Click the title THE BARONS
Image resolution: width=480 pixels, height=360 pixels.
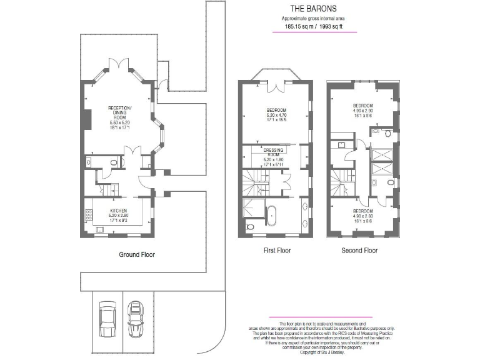(313, 9)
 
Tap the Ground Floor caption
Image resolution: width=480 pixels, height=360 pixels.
(137, 254)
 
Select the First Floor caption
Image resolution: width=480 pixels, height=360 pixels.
(276, 251)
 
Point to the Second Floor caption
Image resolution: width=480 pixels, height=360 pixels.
(359, 251)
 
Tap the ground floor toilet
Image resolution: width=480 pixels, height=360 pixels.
(113, 162)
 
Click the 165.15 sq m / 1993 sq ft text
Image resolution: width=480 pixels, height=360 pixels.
(313, 27)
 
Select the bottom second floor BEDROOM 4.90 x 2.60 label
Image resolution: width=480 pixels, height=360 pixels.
(362, 216)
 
